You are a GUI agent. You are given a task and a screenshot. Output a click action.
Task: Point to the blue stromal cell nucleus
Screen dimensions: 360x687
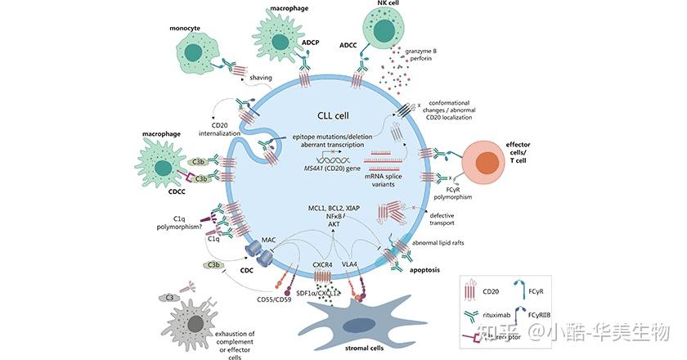tap(353, 326)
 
